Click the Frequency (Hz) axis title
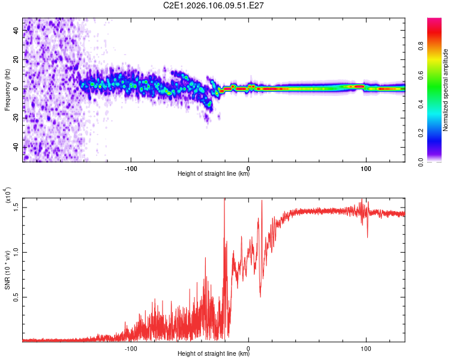click(7, 89)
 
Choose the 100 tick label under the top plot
click(365, 167)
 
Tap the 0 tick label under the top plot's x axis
click(248, 167)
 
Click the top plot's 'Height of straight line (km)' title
click(214, 174)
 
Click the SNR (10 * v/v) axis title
click(7, 269)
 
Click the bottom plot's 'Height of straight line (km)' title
click(214, 355)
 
